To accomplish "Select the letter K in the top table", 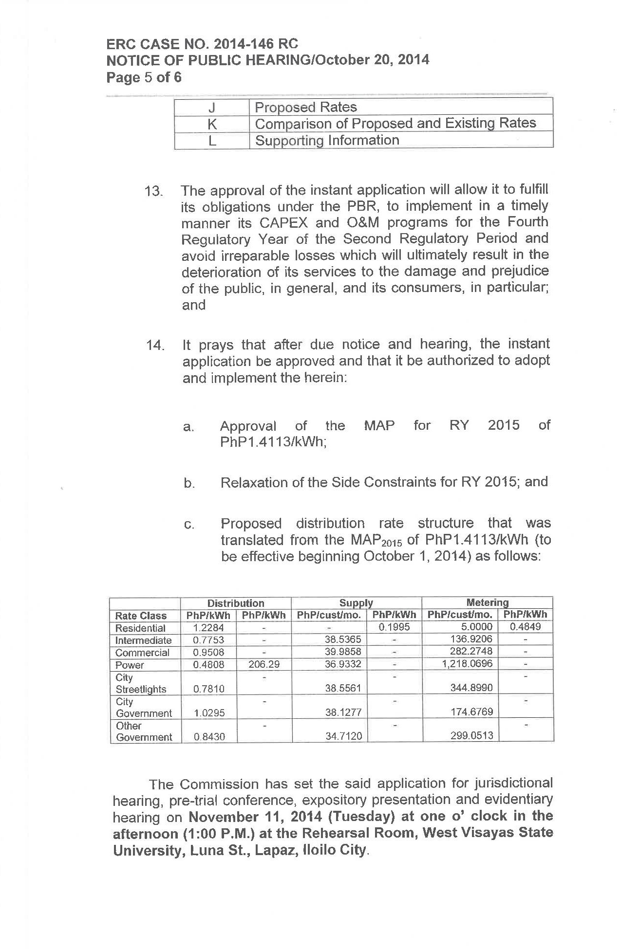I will click(x=212, y=124).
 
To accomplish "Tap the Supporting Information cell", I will click(x=327, y=141).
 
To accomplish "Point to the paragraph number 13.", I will click(x=153, y=191).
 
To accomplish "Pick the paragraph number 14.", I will click(x=155, y=346).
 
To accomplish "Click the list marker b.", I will click(x=189, y=483).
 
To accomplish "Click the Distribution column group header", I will click(x=236, y=603).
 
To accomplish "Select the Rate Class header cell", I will click(x=141, y=616).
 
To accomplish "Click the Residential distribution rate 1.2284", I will click(x=208, y=628).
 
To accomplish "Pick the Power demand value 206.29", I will click(x=264, y=664).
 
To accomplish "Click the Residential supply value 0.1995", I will click(x=394, y=627).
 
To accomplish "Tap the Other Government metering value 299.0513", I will click(x=471, y=736).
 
